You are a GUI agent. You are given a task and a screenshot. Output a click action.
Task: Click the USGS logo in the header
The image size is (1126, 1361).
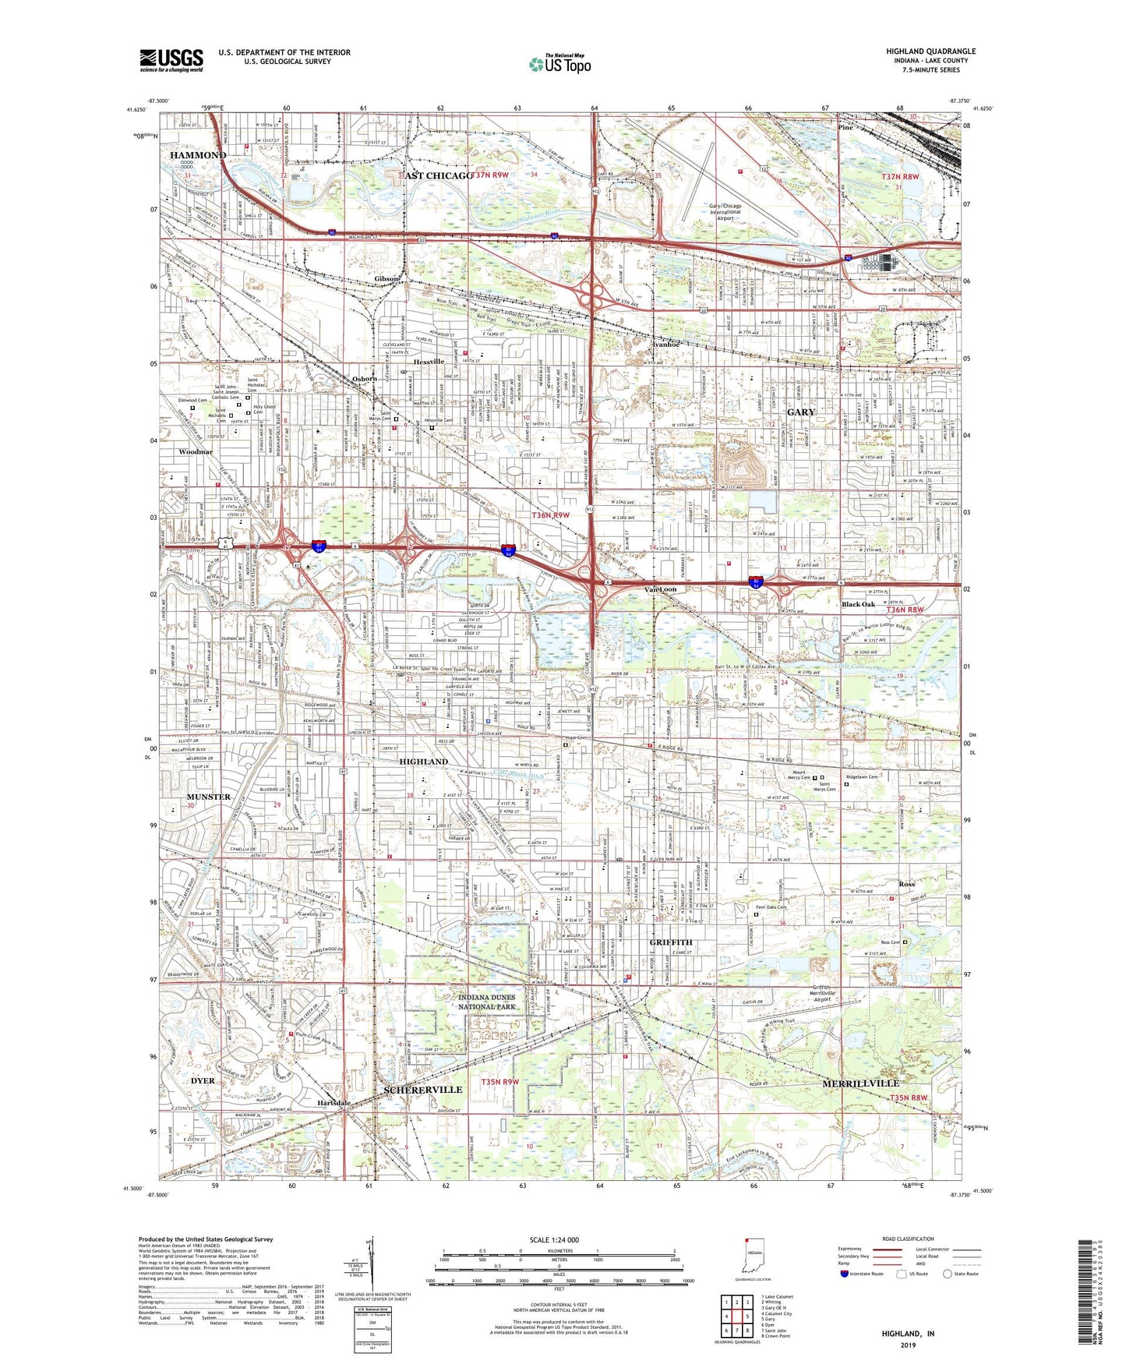171,59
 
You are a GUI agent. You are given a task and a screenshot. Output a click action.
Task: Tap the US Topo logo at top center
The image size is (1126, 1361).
559,64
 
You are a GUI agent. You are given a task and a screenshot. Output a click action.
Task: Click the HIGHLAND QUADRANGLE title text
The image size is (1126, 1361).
930,51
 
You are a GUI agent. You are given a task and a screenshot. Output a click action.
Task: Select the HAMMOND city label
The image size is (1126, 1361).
198,155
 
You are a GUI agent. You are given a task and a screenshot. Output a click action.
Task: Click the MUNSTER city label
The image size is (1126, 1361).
209,797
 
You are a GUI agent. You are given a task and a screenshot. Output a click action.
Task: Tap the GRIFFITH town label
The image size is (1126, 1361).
670,942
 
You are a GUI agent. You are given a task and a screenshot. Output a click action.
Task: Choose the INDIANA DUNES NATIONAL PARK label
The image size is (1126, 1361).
487,1002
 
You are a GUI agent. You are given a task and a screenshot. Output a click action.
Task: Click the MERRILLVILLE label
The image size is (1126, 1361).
860,1083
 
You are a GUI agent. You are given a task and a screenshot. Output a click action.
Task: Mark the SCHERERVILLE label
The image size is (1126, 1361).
423,1089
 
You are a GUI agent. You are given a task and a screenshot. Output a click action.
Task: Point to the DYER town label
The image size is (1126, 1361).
203,1081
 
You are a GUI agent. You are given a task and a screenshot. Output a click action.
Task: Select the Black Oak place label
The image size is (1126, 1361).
858,604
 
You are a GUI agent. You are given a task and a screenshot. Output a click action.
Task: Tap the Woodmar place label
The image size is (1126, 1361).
195,451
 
